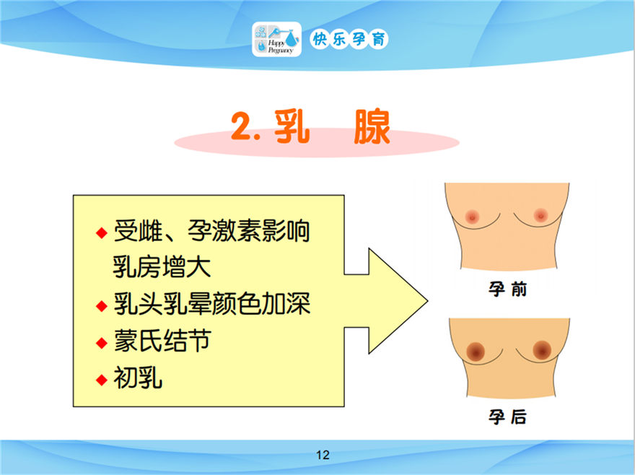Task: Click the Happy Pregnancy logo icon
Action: tap(276, 39)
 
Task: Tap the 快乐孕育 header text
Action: tap(349, 39)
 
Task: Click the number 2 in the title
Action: tap(242, 126)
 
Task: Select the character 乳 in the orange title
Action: tap(292, 126)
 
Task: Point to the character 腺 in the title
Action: tap(372, 126)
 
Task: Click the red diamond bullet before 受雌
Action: tap(102, 233)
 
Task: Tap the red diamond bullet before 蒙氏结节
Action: tap(102, 344)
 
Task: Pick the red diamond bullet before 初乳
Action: tap(102, 380)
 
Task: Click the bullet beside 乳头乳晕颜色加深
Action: tap(102, 306)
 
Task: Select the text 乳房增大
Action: tap(162, 267)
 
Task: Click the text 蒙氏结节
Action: tap(162, 341)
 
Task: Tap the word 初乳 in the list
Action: tap(138, 378)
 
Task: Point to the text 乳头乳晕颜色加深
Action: tap(212, 304)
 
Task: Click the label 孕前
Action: tap(507, 289)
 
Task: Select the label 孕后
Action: tap(507, 417)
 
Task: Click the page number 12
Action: tap(323, 455)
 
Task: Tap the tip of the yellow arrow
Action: tap(428, 301)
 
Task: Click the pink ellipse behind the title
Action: tap(425, 143)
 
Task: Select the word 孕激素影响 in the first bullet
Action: tap(249, 230)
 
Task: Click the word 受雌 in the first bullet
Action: tap(138, 230)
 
